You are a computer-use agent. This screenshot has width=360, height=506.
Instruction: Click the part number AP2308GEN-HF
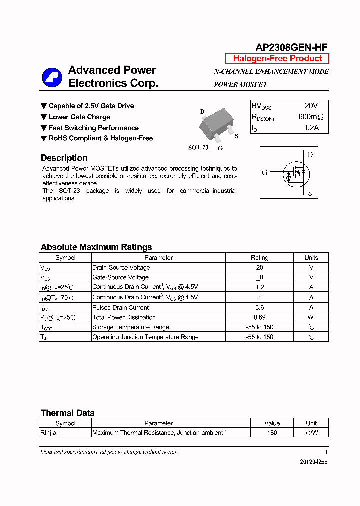click(x=291, y=47)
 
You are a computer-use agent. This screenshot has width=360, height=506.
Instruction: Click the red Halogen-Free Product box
click(x=277, y=58)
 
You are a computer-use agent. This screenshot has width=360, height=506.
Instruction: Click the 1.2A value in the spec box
click(x=311, y=128)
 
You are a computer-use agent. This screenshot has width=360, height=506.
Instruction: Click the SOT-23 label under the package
click(x=198, y=148)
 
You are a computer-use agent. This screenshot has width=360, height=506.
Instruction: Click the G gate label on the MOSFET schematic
click(x=264, y=173)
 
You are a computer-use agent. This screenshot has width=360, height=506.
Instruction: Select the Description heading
click(x=64, y=158)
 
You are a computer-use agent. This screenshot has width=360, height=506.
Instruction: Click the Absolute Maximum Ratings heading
click(x=96, y=247)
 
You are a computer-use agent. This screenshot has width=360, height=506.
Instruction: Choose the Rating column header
click(x=259, y=258)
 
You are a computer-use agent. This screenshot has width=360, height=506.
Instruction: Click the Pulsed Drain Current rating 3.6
click(x=259, y=307)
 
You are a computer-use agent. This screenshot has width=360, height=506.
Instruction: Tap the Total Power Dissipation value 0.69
click(x=259, y=317)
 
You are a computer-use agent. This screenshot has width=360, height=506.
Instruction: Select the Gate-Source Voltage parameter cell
click(x=120, y=277)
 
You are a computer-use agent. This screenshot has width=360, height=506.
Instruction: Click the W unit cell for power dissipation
click(x=311, y=317)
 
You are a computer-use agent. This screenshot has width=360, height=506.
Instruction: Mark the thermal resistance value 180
click(x=272, y=433)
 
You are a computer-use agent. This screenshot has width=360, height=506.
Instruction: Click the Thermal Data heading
click(x=67, y=413)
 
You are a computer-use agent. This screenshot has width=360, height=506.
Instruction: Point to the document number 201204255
click(x=313, y=462)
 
